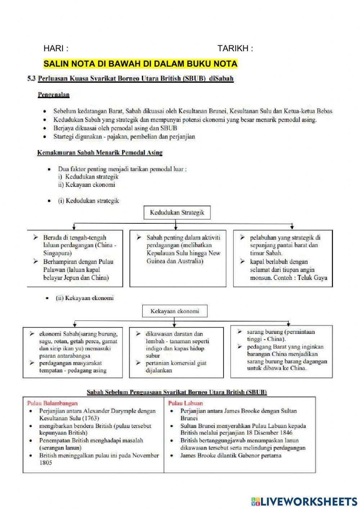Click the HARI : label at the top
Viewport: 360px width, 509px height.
pyautogui.click(x=56, y=48)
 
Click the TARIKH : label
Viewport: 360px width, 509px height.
pyautogui.click(x=235, y=49)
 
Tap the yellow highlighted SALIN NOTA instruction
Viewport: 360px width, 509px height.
pyautogui.click(x=140, y=64)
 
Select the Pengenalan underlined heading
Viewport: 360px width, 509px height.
pyautogui.click(x=53, y=95)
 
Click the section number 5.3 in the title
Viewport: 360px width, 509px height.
pyautogui.click(x=31, y=79)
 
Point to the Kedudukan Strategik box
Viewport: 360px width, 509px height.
pyautogui.click(x=177, y=213)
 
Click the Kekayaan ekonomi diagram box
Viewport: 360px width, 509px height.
pyautogui.click(x=175, y=311)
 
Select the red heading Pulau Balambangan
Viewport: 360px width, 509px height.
pyautogui.click(x=52, y=403)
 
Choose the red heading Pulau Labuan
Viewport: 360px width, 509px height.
pyautogui.click(x=185, y=403)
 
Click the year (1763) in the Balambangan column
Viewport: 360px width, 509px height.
pyautogui.click(x=90, y=418)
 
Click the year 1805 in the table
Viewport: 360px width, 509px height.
pyautogui.click(x=45, y=463)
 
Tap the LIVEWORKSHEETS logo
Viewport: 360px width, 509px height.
pyautogui.click(x=304, y=501)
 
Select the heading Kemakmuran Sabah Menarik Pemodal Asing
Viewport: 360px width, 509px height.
pyautogui.click(x=100, y=153)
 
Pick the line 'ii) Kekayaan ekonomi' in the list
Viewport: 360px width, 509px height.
pyautogui.click(x=86, y=185)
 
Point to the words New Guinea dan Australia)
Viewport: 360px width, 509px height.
pyautogui.click(x=175, y=261)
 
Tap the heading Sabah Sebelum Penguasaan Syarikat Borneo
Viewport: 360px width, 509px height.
pyautogui.click(x=177, y=392)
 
